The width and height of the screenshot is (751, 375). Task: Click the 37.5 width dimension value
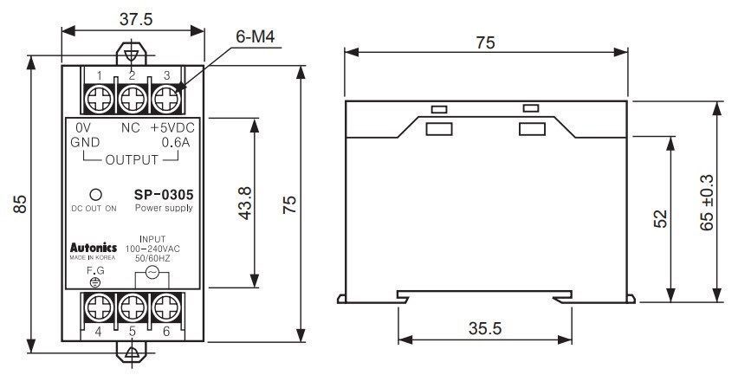click(x=135, y=19)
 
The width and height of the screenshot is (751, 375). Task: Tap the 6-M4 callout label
click(x=256, y=37)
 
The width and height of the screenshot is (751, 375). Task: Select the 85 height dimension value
click(x=19, y=204)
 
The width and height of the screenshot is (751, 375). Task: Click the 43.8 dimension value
click(x=245, y=203)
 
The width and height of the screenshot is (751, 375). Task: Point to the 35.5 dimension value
click(x=485, y=328)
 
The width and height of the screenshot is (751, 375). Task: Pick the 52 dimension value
click(x=659, y=218)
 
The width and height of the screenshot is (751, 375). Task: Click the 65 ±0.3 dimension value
click(x=707, y=202)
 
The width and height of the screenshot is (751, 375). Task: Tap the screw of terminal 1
click(x=99, y=100)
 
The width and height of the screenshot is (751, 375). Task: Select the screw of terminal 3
click(x=166, y=100)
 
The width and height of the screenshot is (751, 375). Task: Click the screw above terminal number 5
click(x=133, y=307)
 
